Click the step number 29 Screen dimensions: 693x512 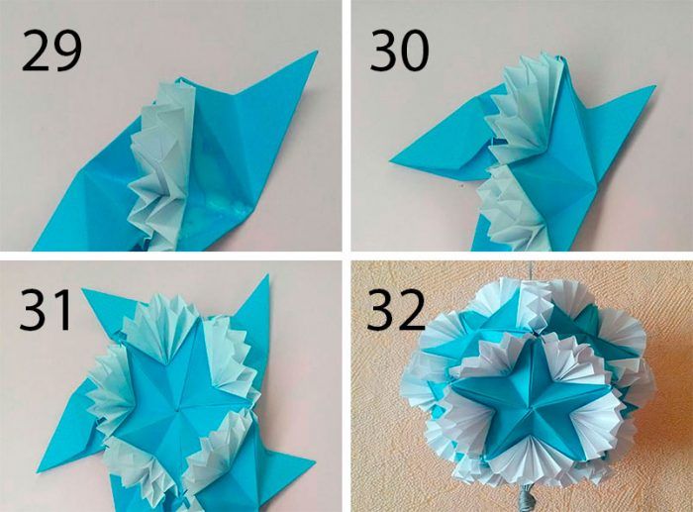(x=51, y=51)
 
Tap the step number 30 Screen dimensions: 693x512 (x=400, y=51)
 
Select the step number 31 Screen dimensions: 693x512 (x=46, y=310)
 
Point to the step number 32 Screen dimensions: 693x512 (x=396, y=310)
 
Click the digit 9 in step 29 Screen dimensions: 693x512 (x=67, y=51)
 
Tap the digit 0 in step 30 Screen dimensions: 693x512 (x=415, y=51)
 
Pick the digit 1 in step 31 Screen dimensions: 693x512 (x=64, y=310)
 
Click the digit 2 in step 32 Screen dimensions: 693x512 (x=411, y=310)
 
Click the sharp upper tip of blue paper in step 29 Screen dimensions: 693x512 (x=317, y=51)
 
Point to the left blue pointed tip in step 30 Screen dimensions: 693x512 (x=391, y=161)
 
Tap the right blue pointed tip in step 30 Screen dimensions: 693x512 (x=654, y=87)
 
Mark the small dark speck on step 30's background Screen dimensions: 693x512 (x=461, y=185)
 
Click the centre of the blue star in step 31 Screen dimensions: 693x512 (x=178, y=410)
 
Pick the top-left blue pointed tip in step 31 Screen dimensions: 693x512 (x=84, y=290)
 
